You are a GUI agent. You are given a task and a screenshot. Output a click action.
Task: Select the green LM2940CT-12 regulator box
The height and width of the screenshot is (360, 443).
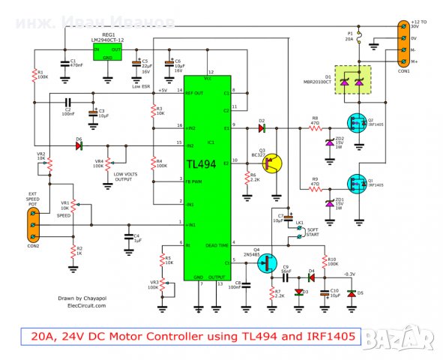[x=107, y=51]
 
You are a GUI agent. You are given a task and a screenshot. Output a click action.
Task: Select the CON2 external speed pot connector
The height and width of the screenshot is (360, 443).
[x=32, y=223]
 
